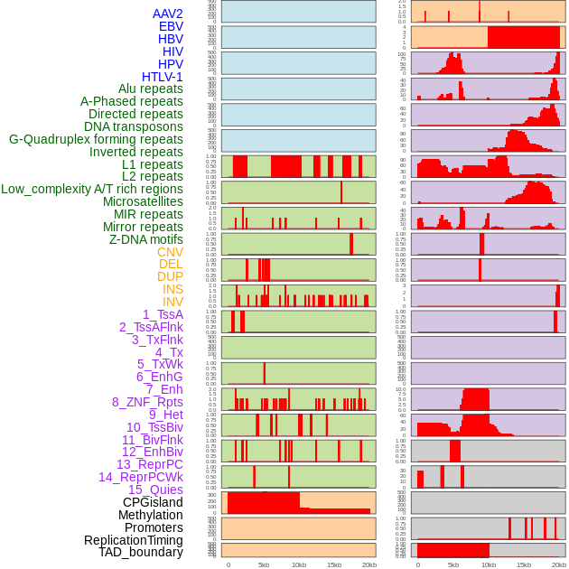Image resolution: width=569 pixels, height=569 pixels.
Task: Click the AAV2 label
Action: [167, 14]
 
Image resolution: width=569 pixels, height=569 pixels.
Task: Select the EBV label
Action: [171, 26]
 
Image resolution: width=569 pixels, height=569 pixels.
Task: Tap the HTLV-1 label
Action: [162, 77]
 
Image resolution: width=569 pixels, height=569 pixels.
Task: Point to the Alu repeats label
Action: [150, 89]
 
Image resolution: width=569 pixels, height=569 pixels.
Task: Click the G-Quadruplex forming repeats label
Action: [96, 139]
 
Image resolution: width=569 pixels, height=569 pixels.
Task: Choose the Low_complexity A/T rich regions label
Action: [92, 189]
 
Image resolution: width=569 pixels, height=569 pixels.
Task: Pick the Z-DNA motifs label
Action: [145, 239]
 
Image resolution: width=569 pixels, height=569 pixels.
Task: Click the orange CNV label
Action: [170, 252]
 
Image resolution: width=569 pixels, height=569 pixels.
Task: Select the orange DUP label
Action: [170, 276]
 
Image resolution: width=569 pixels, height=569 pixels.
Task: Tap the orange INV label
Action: [173, 302]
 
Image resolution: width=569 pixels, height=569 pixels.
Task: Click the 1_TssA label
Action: [163, 314]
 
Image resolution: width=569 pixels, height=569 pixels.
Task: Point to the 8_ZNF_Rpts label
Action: [147, 402]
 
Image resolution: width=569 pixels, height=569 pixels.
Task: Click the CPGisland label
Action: [153, 502]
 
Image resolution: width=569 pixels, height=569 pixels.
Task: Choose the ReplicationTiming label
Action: [133, 540]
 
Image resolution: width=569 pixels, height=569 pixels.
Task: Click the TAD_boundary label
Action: [141, 552]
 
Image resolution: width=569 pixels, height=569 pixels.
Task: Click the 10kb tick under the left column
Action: [298, 564]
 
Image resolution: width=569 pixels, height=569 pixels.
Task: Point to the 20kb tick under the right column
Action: [559, 564]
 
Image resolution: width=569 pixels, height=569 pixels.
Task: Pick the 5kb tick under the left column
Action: [263, 564]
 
